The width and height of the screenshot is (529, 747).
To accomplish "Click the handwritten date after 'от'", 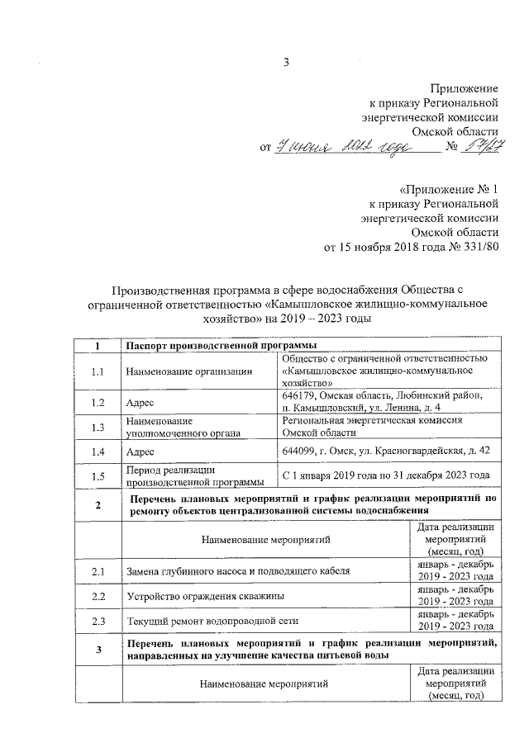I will coord(347,147).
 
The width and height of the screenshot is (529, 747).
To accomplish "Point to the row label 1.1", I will coord(98,371).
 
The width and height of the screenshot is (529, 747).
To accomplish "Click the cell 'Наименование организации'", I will coord(189,371).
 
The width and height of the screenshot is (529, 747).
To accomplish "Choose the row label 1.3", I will coord(98,427).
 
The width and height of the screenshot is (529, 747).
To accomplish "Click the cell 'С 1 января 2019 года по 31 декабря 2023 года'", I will coord(386,475).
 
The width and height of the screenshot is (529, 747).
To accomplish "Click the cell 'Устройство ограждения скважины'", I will coord(207,595).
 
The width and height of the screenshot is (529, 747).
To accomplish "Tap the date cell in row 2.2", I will coord(455,595).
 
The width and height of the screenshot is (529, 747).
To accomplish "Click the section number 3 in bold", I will coord(98,649).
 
